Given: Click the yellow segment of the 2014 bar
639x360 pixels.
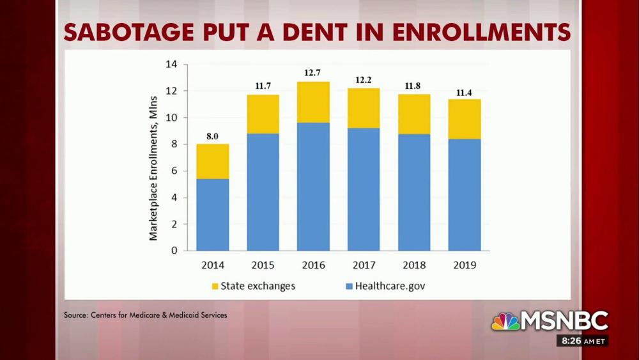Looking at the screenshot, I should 212,161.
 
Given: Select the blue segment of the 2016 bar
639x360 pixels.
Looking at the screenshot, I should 313,186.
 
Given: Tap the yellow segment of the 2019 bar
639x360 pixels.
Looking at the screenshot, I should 465,119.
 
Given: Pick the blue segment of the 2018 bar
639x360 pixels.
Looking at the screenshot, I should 414,192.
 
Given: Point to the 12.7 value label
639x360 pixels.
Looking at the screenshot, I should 312,73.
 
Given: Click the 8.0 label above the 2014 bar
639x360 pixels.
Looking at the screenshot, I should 212,136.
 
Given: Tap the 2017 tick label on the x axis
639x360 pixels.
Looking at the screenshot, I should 364,264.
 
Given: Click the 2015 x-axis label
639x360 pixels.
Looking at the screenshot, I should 263,264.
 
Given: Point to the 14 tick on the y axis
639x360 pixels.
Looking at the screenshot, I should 171,65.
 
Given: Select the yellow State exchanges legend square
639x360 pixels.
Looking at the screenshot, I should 215,286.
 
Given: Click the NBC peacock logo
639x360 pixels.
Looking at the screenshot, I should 505,321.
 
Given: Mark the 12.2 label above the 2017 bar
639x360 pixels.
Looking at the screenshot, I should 364,79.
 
